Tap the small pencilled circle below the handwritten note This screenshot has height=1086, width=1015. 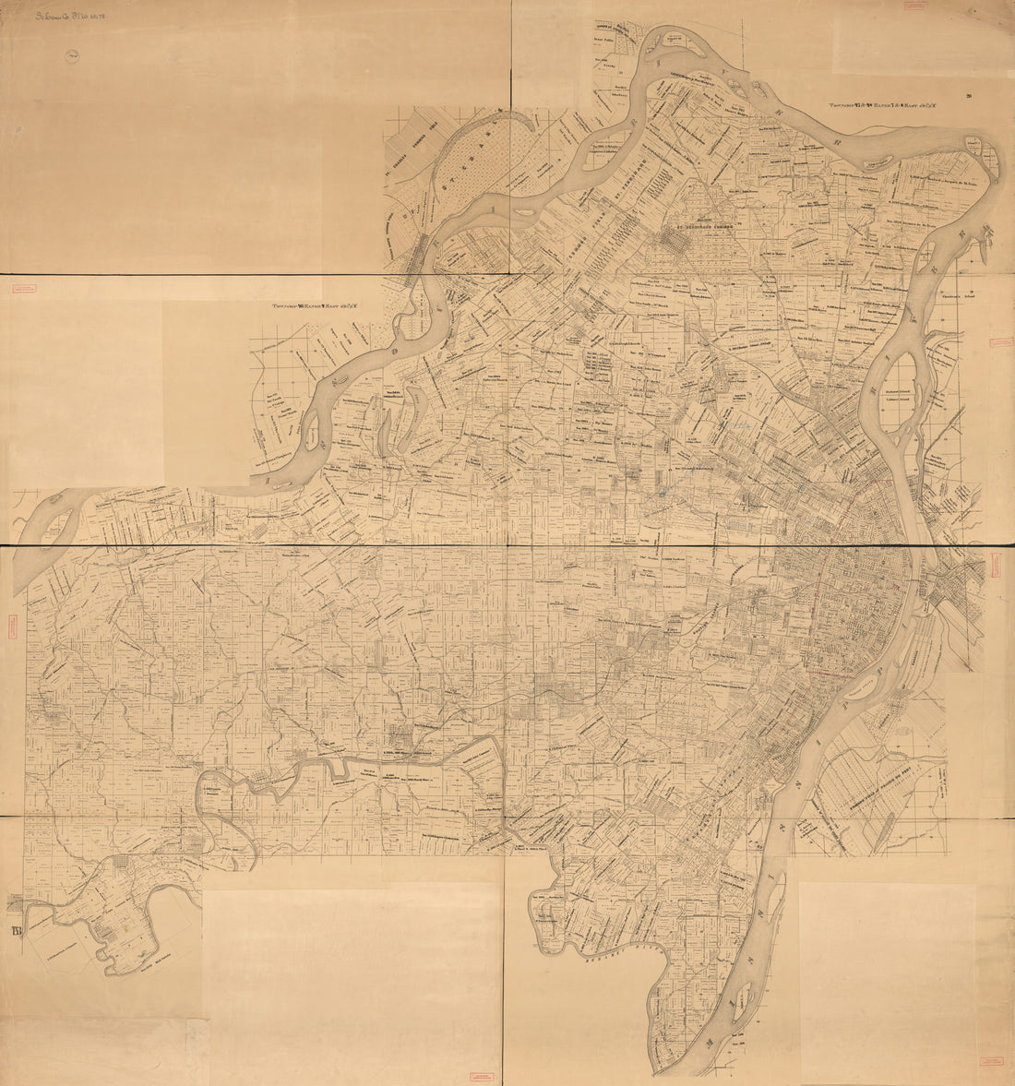point(72,56)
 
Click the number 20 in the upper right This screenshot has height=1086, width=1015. point(969,95)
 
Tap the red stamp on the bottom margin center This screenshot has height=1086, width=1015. point(481,1073)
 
